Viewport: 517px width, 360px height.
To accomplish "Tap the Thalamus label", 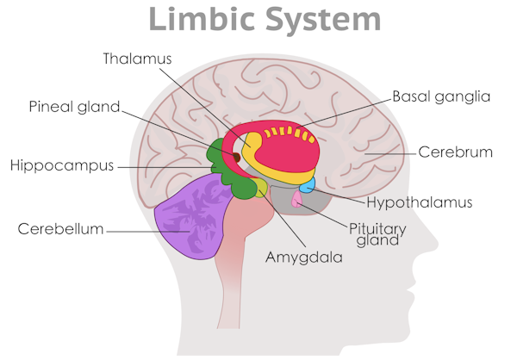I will pos(138,59).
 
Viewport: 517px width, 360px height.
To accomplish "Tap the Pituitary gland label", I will pos(376,234).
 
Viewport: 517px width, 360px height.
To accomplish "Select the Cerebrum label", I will pos(455,152).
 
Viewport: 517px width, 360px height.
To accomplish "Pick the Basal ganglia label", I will pos(440,96).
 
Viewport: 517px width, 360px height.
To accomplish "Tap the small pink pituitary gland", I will pos(296,200).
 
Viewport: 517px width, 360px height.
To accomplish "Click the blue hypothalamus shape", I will pos(307,183).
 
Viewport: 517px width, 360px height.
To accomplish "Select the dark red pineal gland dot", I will pos(235,157).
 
